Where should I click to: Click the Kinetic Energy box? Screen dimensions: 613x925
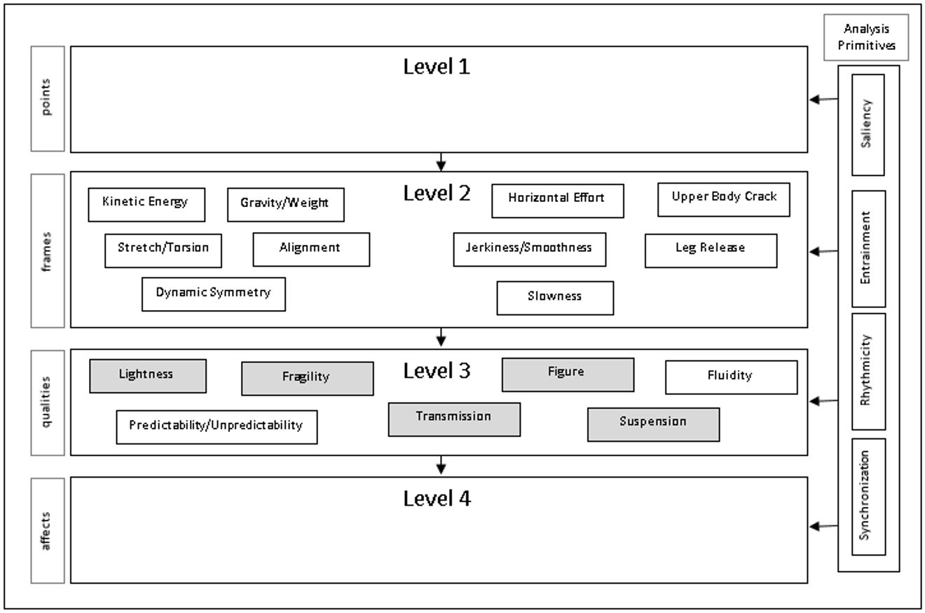tap(146, 204)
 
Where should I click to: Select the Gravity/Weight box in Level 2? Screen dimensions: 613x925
tap(285, 204)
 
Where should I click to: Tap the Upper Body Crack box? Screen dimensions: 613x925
tap(723, 199)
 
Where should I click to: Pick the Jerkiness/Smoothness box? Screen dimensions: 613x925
tap(529, 249)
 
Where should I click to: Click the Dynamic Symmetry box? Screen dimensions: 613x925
tap(213, 294)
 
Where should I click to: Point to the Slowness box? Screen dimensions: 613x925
tap(555, 297)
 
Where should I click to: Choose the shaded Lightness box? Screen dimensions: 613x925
tap(147, 376)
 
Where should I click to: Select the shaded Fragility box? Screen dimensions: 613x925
tap(307, 378)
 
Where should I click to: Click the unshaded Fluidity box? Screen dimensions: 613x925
tap(730, 377)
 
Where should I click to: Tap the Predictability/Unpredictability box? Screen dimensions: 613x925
tap(217, 426)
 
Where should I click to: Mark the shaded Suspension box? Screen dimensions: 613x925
tap(652, 424)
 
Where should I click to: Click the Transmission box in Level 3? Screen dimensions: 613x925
tap(454, 419)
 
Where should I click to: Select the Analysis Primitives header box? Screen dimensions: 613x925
tap(866, 37)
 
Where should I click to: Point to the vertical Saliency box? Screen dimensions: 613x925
tap(868, 124)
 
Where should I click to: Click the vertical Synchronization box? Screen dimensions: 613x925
tap(868, 496)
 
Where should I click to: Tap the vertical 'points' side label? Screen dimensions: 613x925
tap(48, 98)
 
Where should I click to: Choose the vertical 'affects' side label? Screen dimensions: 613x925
tap(48, 530)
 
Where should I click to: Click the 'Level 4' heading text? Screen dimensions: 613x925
tap(437, 499)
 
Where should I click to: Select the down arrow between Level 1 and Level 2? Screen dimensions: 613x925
tap(440, 162)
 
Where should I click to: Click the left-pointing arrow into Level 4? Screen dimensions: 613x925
tap(823, 525)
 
